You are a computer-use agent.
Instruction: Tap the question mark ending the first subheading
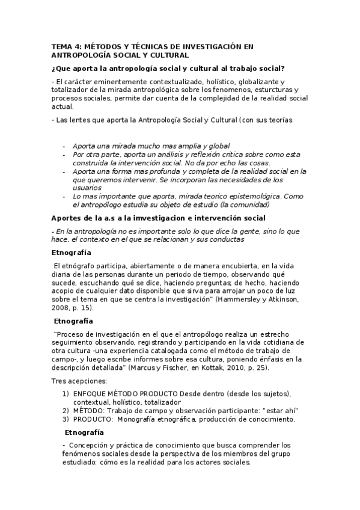point(283,69)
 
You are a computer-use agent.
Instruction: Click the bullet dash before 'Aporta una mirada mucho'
point(64,146)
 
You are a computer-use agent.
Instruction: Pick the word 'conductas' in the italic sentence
point(225,239)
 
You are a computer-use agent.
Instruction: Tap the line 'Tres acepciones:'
point(78,381)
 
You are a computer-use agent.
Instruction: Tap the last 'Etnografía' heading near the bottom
point(85,432)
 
